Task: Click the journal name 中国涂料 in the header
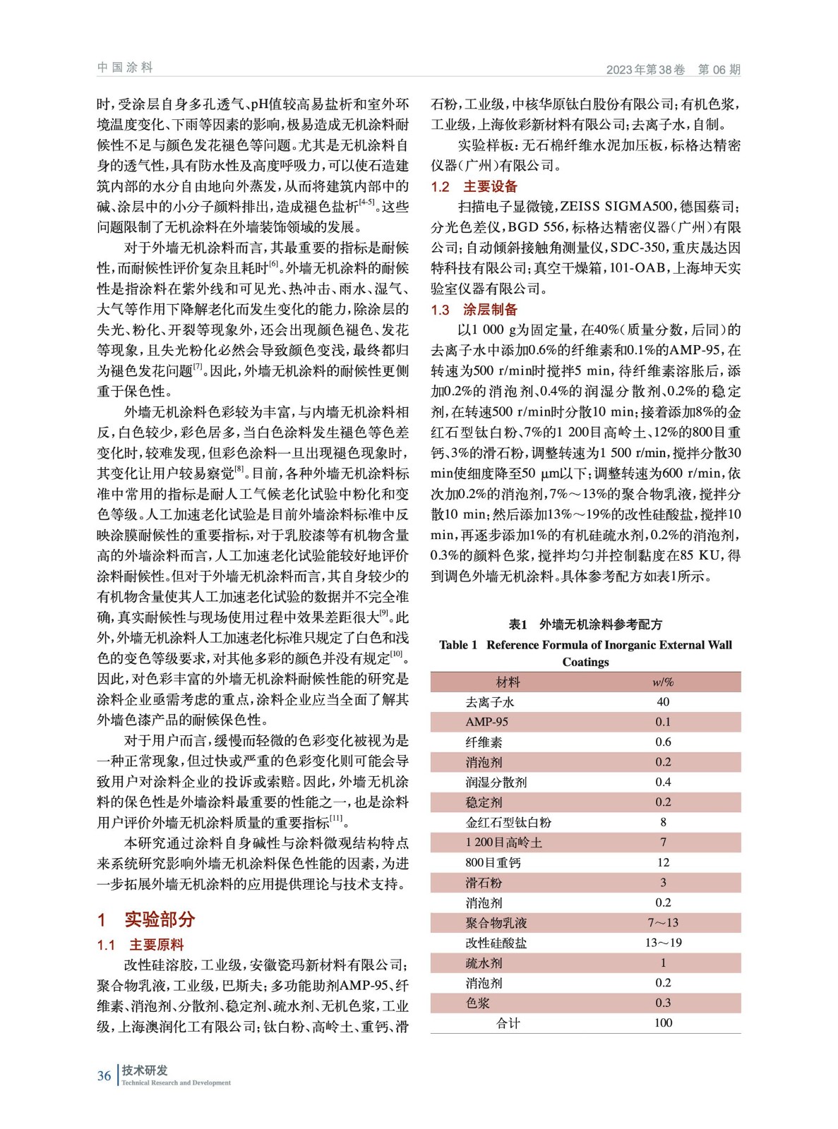click(125, 68)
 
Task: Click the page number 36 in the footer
click(104, 1075)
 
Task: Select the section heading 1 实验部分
click(146, 919)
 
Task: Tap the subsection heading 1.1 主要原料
click(140, 945)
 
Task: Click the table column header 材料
click(508, 682)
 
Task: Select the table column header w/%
click(662, 682)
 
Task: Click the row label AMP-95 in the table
click(486, 722)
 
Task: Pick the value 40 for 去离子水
click(662, 702)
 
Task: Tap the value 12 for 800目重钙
click(662, 862)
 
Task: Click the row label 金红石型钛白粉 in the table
click(508, 822)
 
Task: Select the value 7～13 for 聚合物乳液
click(662, 922)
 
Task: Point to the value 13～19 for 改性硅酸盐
click(662, 943)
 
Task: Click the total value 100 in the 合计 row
click(662, 1023)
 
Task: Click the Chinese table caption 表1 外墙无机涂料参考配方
click(585, 624)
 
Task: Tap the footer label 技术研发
click(145, 1070)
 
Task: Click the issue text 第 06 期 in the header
click(719, 69)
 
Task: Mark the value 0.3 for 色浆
click(662, 1003)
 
